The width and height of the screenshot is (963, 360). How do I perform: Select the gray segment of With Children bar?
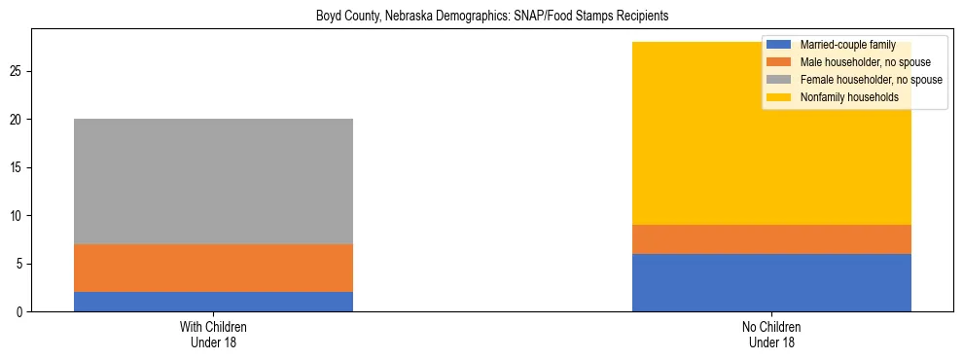[x=213, y=181]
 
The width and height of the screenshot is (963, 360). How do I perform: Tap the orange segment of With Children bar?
[x=213, y=268]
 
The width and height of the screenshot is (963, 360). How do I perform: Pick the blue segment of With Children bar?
[x=213, y=302]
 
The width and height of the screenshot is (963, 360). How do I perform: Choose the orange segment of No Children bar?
[x=771, y=239]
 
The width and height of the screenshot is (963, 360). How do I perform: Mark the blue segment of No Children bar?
[x=771, y=282]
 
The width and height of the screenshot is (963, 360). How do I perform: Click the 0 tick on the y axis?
[x=21, y=311]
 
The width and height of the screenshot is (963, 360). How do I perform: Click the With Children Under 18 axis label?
[x=213, y=335]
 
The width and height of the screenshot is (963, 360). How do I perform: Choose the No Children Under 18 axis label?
[x=771, y=335]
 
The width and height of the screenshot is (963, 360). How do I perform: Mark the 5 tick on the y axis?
[x=21, y=264]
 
